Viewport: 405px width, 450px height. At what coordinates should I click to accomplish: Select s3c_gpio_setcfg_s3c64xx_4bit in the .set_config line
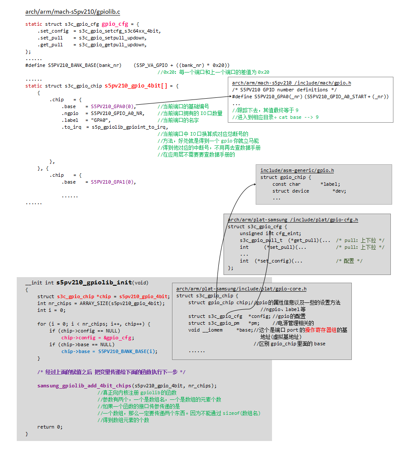pyautogui.click(x=120, y=31)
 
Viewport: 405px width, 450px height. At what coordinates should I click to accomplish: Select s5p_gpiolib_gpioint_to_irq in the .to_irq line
pyautogui.click(x=129, y=127)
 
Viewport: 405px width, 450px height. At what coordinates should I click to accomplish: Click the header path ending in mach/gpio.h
pyautogui.click(x=291, y=83)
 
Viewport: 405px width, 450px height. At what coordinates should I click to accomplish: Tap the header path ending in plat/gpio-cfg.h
pyautogui.click(x=293, y=220)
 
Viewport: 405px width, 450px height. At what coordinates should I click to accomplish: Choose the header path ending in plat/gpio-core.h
pyautogui.click(x=241, y=289)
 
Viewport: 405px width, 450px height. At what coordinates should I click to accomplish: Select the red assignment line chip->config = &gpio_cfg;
pyautogui.click(x=98, y=338)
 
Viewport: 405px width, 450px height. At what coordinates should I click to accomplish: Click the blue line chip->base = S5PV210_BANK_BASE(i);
pyautogui.click(x=109, y=351)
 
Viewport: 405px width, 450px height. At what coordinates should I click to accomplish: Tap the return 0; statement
pyautogui.click(x=50, y=427)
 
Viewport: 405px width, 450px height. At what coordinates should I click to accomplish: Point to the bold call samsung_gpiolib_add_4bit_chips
pyautogui.click(x=84, y=386)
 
